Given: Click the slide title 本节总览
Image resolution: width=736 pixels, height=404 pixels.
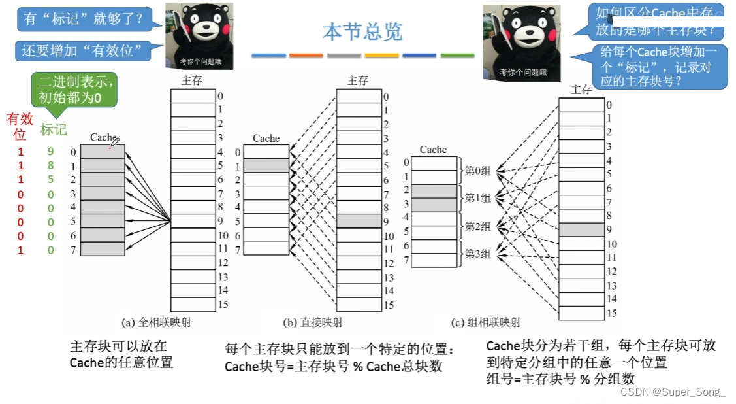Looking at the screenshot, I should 362,31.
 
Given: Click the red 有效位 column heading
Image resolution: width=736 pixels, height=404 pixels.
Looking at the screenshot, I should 20,126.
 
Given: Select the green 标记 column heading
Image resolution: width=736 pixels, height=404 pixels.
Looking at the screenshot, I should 53,129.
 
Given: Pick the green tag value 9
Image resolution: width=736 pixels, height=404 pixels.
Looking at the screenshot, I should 50,152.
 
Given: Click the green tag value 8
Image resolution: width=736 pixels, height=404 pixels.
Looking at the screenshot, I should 50,166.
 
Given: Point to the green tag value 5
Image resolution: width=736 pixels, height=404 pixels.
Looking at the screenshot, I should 50,180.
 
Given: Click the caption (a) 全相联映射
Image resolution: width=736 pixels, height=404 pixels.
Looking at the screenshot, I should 157,322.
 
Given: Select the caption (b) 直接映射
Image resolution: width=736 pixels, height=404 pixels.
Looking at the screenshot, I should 313,322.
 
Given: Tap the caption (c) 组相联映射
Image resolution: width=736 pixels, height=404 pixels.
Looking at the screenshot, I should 487,322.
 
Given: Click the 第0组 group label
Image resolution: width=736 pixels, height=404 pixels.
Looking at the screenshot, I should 477,171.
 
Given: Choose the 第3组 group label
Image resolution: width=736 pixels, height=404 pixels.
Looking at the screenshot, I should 477,254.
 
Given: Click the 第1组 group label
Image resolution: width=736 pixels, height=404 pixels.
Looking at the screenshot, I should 477,198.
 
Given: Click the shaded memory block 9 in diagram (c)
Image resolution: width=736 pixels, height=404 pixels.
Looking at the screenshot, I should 582,229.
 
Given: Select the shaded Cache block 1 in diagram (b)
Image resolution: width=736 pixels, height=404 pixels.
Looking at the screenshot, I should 266,165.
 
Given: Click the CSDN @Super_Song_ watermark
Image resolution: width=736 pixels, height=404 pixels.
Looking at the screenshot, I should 673,392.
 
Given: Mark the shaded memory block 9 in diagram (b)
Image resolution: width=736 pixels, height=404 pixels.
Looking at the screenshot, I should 359,221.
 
